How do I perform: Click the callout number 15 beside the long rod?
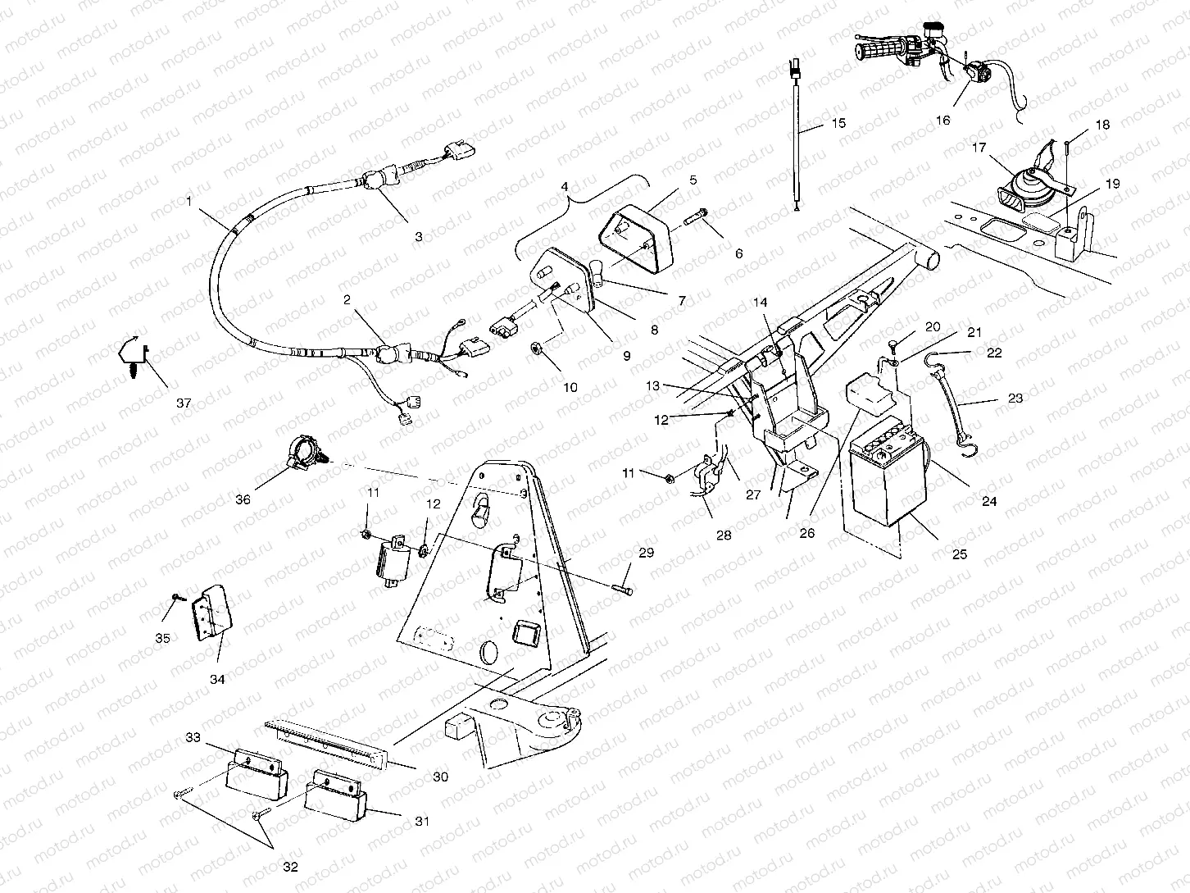pyautogui.click(x=838, y=124)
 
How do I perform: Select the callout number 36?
pyautogui.click(x=243, y=499)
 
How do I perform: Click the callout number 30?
pyautogui.click(x=440, y=777)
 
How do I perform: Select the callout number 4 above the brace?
pyautogui.click(x=563, y=186)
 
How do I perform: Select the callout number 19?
pyautogui.click(x=1111, y=185)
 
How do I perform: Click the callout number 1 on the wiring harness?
pyautogui.click(x=189, y=200)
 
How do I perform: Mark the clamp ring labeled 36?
pyautogui.click(x=301, y=450)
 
